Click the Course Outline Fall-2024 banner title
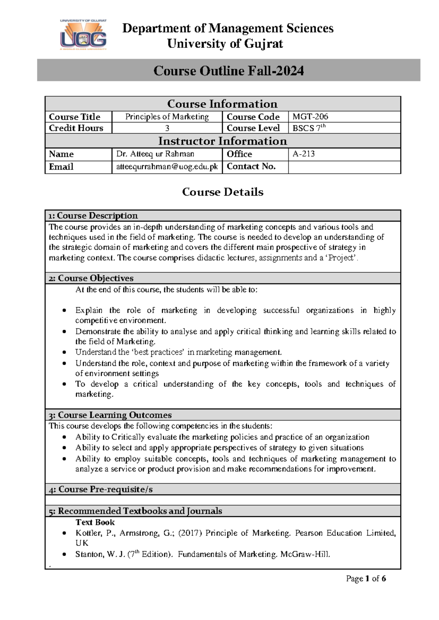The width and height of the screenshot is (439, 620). coord(228,71)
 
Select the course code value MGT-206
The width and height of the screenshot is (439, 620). coord(310,117)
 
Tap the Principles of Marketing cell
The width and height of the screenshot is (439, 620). coord(167,117)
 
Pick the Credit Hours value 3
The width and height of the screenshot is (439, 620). coord(167,128)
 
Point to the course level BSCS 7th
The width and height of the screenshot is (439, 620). coord(309,128)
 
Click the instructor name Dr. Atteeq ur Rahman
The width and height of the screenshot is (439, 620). coord(155,154)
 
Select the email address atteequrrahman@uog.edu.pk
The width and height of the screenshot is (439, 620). coord(167,167)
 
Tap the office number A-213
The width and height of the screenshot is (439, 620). coord(304,154)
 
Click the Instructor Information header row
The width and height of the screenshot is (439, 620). coord(222,141)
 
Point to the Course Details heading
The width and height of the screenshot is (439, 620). coord(222,192)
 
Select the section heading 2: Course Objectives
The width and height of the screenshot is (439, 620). coord(91,278)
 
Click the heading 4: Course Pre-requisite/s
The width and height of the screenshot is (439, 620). coord(101,489)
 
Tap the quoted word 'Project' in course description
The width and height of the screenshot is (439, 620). coord(342,258)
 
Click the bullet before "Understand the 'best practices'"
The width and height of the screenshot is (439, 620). coord(64,353)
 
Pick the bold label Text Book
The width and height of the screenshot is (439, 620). coord(95,522)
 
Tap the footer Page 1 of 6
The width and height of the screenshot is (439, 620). coord(366,579)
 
